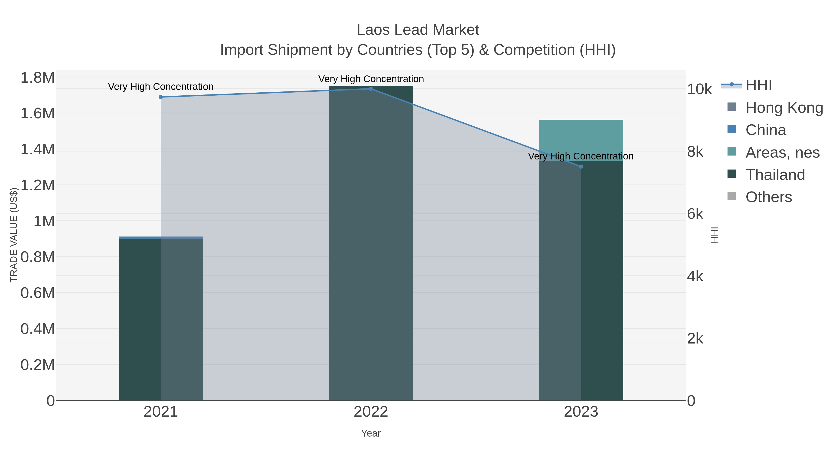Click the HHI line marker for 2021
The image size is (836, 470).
[x=161, y=97]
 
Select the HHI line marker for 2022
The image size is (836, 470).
[x=371, y=89]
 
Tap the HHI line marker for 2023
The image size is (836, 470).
[x=581, y=167]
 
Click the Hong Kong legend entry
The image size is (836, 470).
[x=784, y=108]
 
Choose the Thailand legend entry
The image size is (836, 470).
[x=775, y=175]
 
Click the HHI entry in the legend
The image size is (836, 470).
[x=758, y=85]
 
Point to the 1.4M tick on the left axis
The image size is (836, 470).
[x=37, y=149]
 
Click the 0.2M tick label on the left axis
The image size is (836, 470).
[x=37, y=365]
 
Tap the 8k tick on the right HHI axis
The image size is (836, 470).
[x=695, y=152]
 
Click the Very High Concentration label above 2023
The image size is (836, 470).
[x=581, y=156]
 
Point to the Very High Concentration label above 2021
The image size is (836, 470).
[x=161, y=87]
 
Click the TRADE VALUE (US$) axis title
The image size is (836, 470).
[x=14, y=235]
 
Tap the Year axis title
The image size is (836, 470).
[x=371, y=433]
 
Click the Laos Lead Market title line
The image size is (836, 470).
[x=418, y=30]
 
